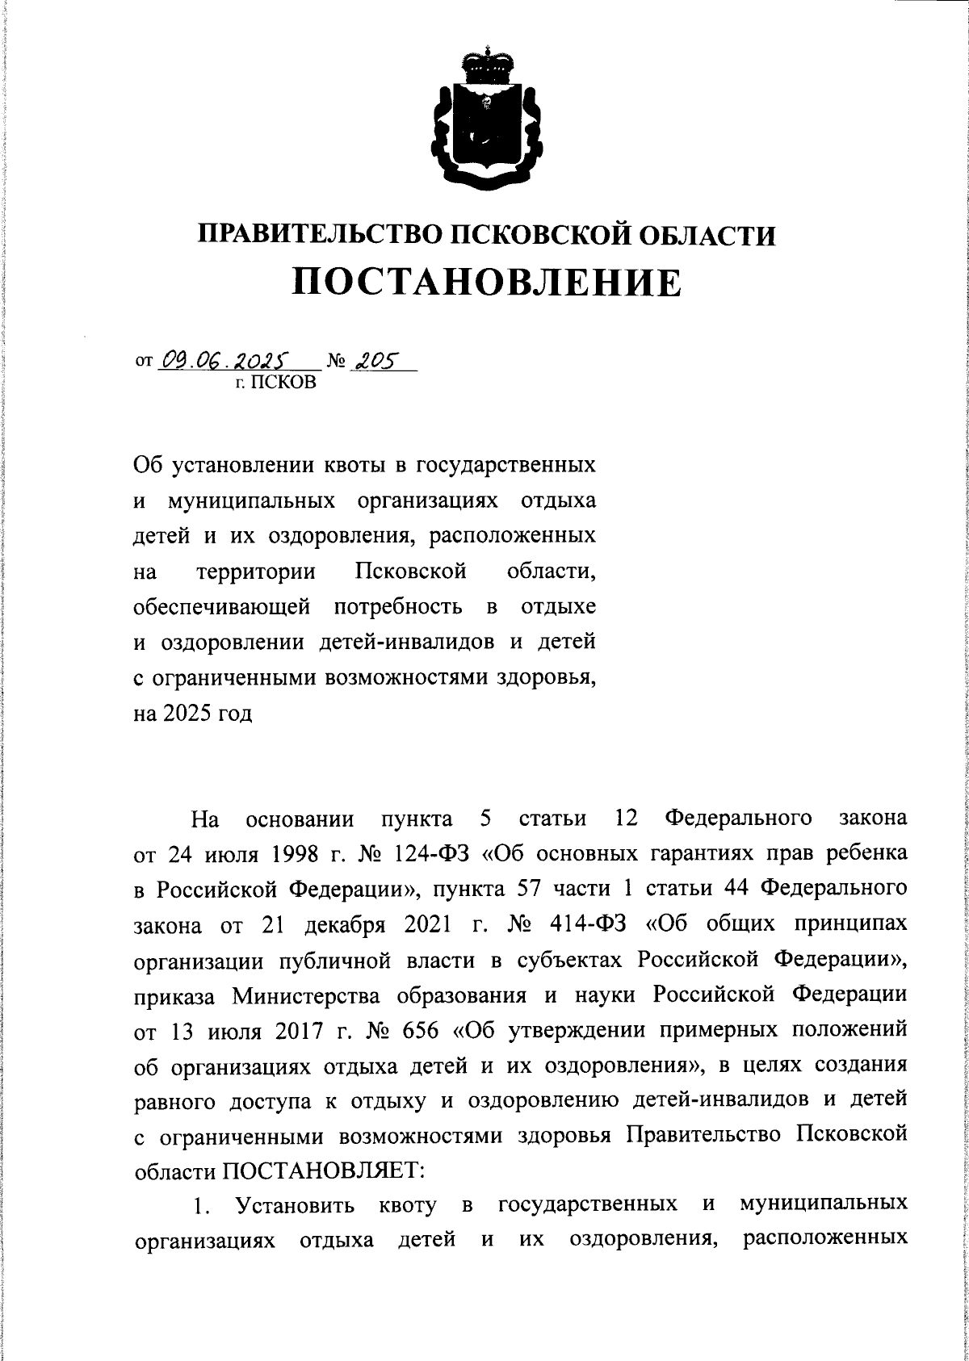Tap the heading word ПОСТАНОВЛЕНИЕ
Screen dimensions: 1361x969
coord(486,282)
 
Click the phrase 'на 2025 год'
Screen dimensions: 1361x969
coord(193,714)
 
